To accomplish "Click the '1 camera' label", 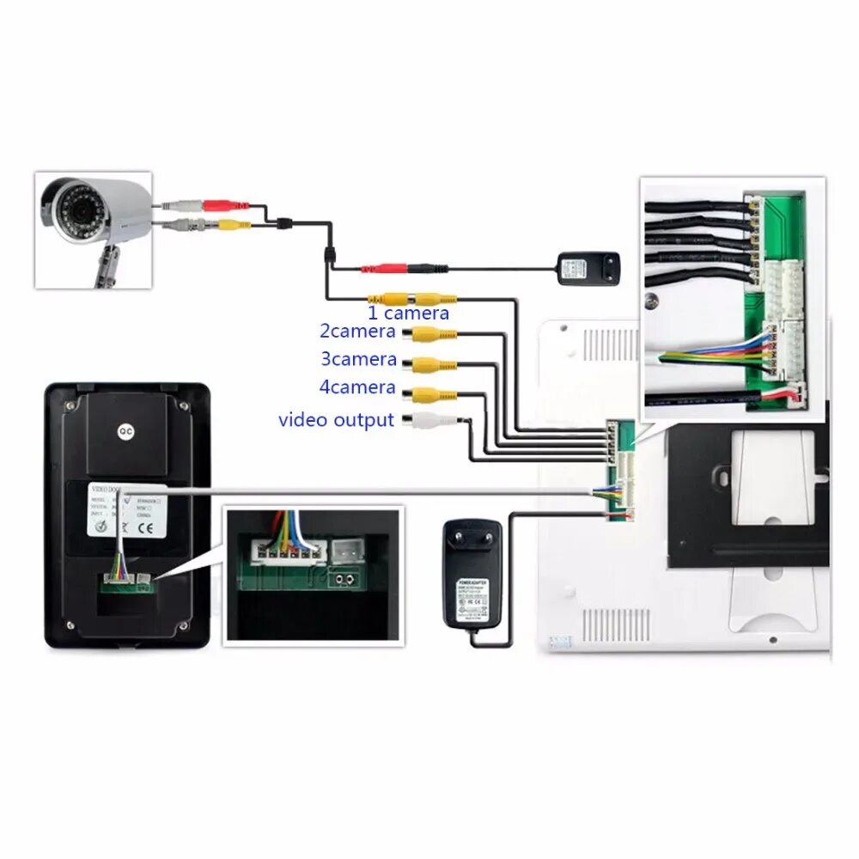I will tap(408, 314).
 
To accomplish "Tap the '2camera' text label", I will tap(358, 331).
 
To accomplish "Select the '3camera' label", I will tap(358, 359).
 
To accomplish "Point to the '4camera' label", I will tap(358, 387).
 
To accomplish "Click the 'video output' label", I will tap(336, 420).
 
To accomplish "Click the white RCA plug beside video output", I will tap(430, 420).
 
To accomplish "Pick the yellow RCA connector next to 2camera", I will tap(433, 334).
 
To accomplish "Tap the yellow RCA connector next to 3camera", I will tap(433, 364).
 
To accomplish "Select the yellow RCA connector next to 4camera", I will tap(433, 394).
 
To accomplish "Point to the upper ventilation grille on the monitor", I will tap(610, 344).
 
